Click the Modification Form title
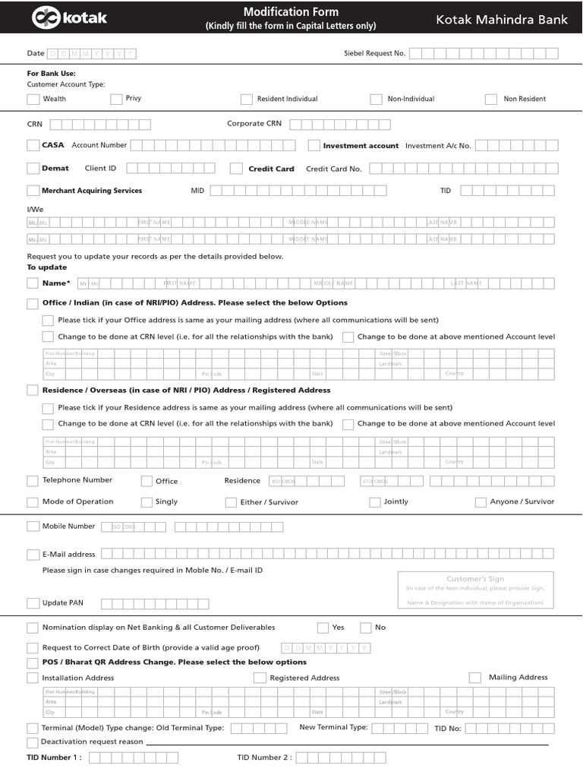click(x=291, y=12)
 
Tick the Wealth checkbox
click(x=33, y=99)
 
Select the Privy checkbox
click(x=116, y=99)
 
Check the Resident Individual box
click(x=247, y=99)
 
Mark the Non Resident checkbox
click(x=491, y=99)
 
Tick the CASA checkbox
click(x=33, y=145)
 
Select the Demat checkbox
click(x=33, y=168)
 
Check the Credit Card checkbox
click(x=236, y=168)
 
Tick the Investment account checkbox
click(x=314, y=145)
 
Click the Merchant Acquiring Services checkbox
click(x=33, y=191)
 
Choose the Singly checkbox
click(x=147, y=502)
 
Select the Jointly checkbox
click(x=375, y=502)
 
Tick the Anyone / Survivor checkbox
click(x=481, y=502)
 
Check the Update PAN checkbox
click(x=33, y=603)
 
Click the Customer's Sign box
click(x=475, y=590)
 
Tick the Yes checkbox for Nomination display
click(x=323, y=628)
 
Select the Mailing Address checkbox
click(x=475, y=678)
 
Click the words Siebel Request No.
click(x=375, y=53)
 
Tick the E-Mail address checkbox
click(x=33, y=555)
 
